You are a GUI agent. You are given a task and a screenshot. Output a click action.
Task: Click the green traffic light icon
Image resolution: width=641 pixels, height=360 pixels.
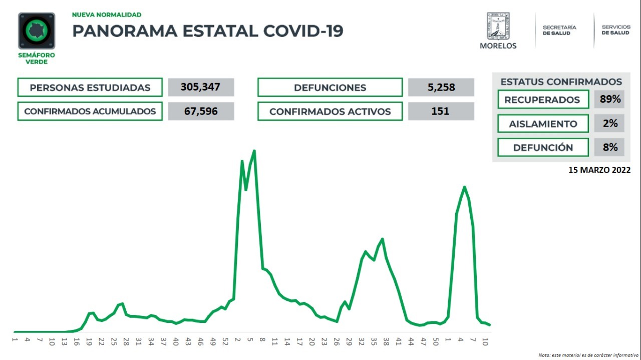[x=37, y=31]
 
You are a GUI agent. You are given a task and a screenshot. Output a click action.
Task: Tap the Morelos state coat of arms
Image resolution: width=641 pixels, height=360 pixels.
[x=498, y=27]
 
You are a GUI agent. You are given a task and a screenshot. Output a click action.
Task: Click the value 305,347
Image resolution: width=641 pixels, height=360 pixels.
[x=200, y=87]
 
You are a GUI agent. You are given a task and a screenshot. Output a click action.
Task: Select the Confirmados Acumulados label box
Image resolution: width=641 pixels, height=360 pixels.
[x=90, y=111]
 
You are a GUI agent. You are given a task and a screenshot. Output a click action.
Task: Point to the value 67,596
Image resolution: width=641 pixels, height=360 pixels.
[x=200, y=111]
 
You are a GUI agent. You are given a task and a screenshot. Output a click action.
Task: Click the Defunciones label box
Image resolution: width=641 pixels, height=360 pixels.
[x=330, y=87]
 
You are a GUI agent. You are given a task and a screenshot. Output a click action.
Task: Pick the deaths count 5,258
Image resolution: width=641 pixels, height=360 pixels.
[x=441, y=87]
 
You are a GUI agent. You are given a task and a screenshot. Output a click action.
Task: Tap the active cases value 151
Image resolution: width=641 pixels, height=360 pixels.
[x=441, y=111]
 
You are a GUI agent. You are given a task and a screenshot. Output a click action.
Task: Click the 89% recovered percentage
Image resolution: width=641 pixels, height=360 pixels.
[x=609, y=99]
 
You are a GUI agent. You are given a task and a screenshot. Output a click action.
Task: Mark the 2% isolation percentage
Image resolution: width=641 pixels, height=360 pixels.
[x=609, y=123]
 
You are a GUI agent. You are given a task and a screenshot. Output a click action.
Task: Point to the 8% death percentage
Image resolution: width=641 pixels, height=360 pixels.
[x=609, y=147]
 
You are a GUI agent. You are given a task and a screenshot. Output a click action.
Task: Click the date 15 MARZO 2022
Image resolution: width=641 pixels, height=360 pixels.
[x=599, y=170]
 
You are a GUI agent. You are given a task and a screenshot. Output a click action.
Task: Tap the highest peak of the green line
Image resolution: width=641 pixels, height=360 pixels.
[x=254, y=151]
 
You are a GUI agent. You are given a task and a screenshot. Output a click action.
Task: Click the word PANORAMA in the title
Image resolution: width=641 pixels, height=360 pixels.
[x=125, y=31]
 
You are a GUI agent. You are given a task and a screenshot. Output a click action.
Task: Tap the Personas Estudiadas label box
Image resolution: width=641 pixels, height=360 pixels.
[x=90, y=87]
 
